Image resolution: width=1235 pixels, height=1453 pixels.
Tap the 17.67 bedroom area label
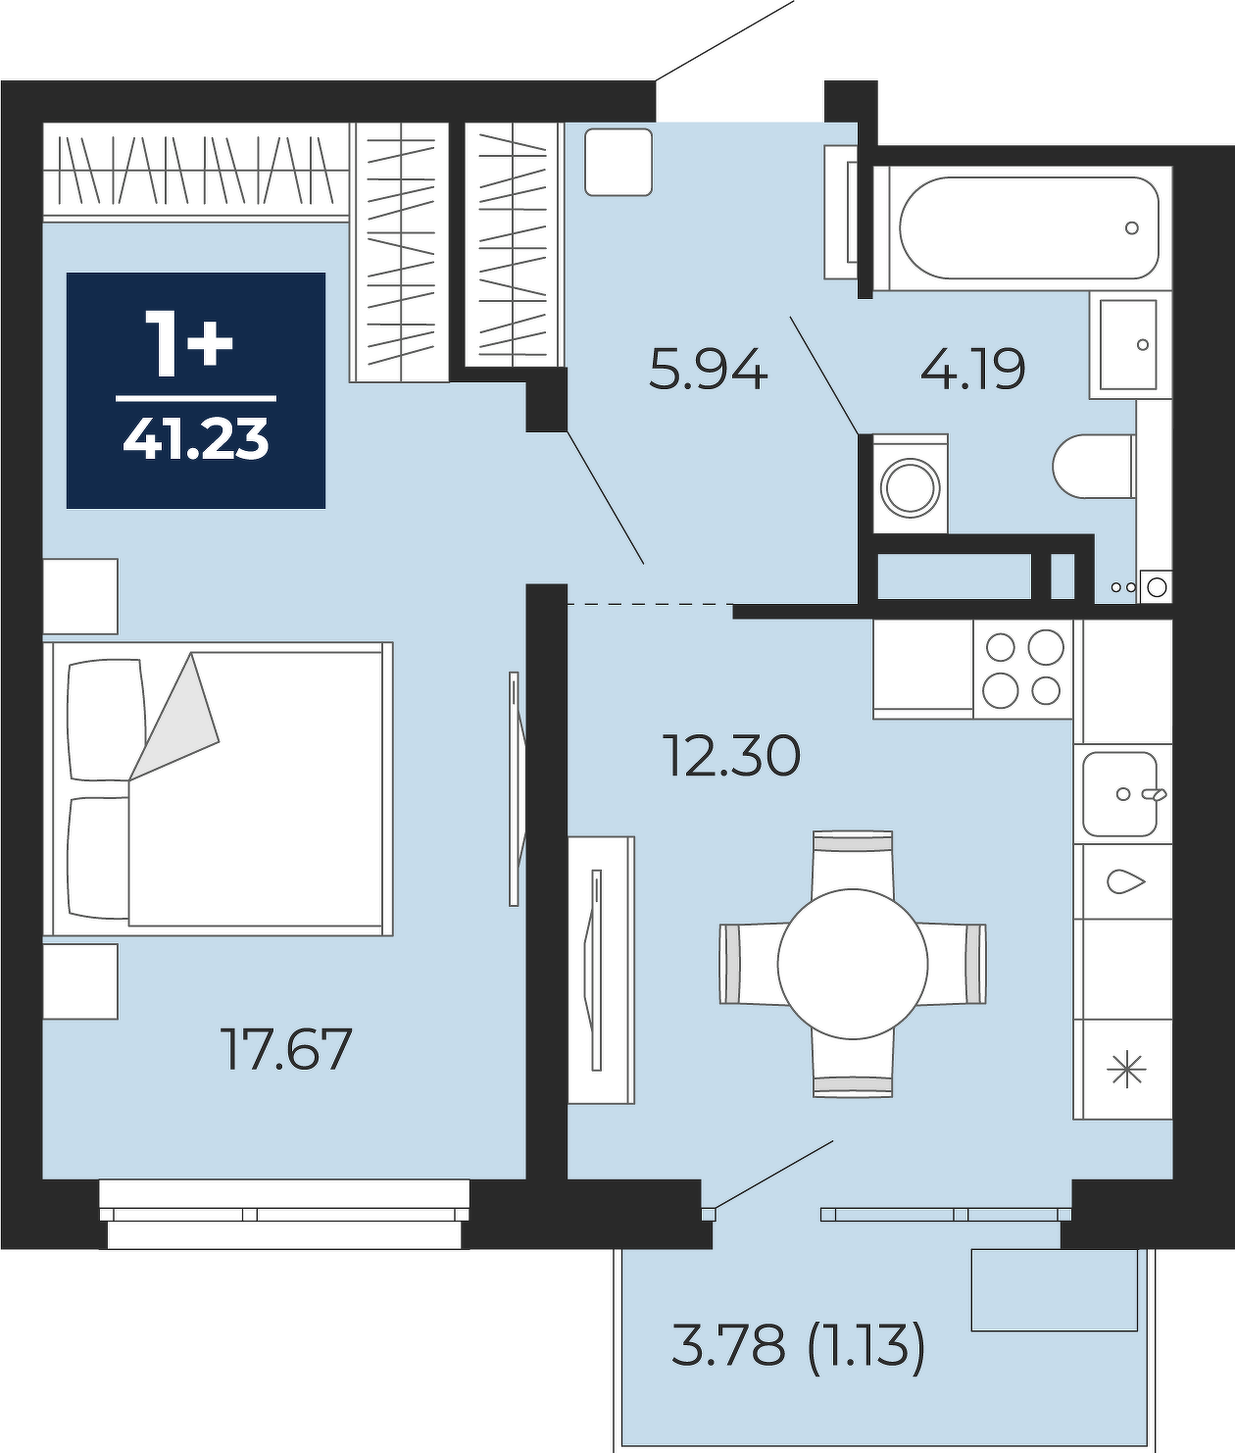(x=285, y=1050)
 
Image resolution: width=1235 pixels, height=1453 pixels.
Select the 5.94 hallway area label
(x=708, y=371)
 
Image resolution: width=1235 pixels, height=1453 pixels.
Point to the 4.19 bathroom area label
(x=973, y=369)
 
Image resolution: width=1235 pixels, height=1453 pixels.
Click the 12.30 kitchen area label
(x=733, y=756)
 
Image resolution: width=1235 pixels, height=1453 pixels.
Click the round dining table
(x=853, y=964)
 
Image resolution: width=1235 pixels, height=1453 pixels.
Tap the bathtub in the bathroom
(x=1028, y=227)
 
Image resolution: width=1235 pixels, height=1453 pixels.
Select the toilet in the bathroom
(x=1094, y=466)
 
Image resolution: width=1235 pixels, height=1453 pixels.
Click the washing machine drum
(x=911, y=487)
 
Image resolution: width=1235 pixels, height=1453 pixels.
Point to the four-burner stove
(x=1022, y=669)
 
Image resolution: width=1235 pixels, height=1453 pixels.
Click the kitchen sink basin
(x=1120, y=793)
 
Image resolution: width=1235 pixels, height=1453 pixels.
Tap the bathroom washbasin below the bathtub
(x=1129, y=344)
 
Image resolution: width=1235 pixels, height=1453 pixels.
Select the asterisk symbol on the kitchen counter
(x=1126, y=1070)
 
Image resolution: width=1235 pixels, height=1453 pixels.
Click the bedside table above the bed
(x=80, y=596)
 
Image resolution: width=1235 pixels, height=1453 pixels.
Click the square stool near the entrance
(x=618, y=162)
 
